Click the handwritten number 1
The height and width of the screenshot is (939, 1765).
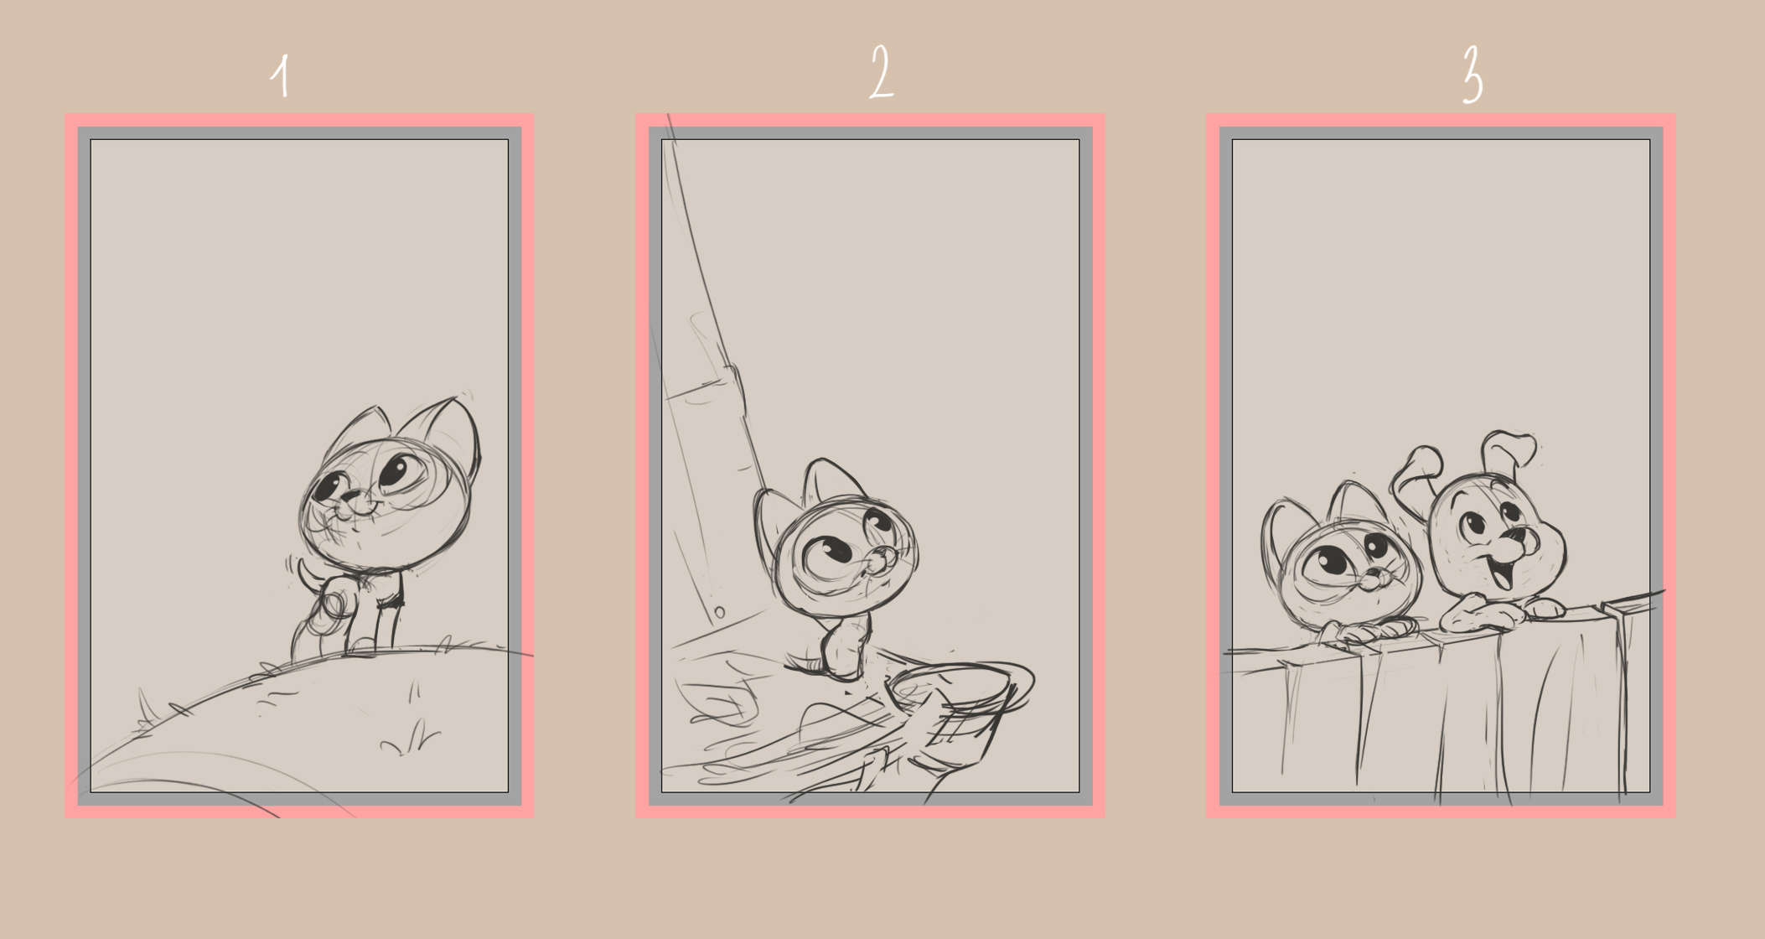click(x=282, y=76)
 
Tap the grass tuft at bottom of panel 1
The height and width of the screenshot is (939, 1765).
click(x=411, y=738)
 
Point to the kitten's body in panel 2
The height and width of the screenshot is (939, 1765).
click(x=846, y=646)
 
